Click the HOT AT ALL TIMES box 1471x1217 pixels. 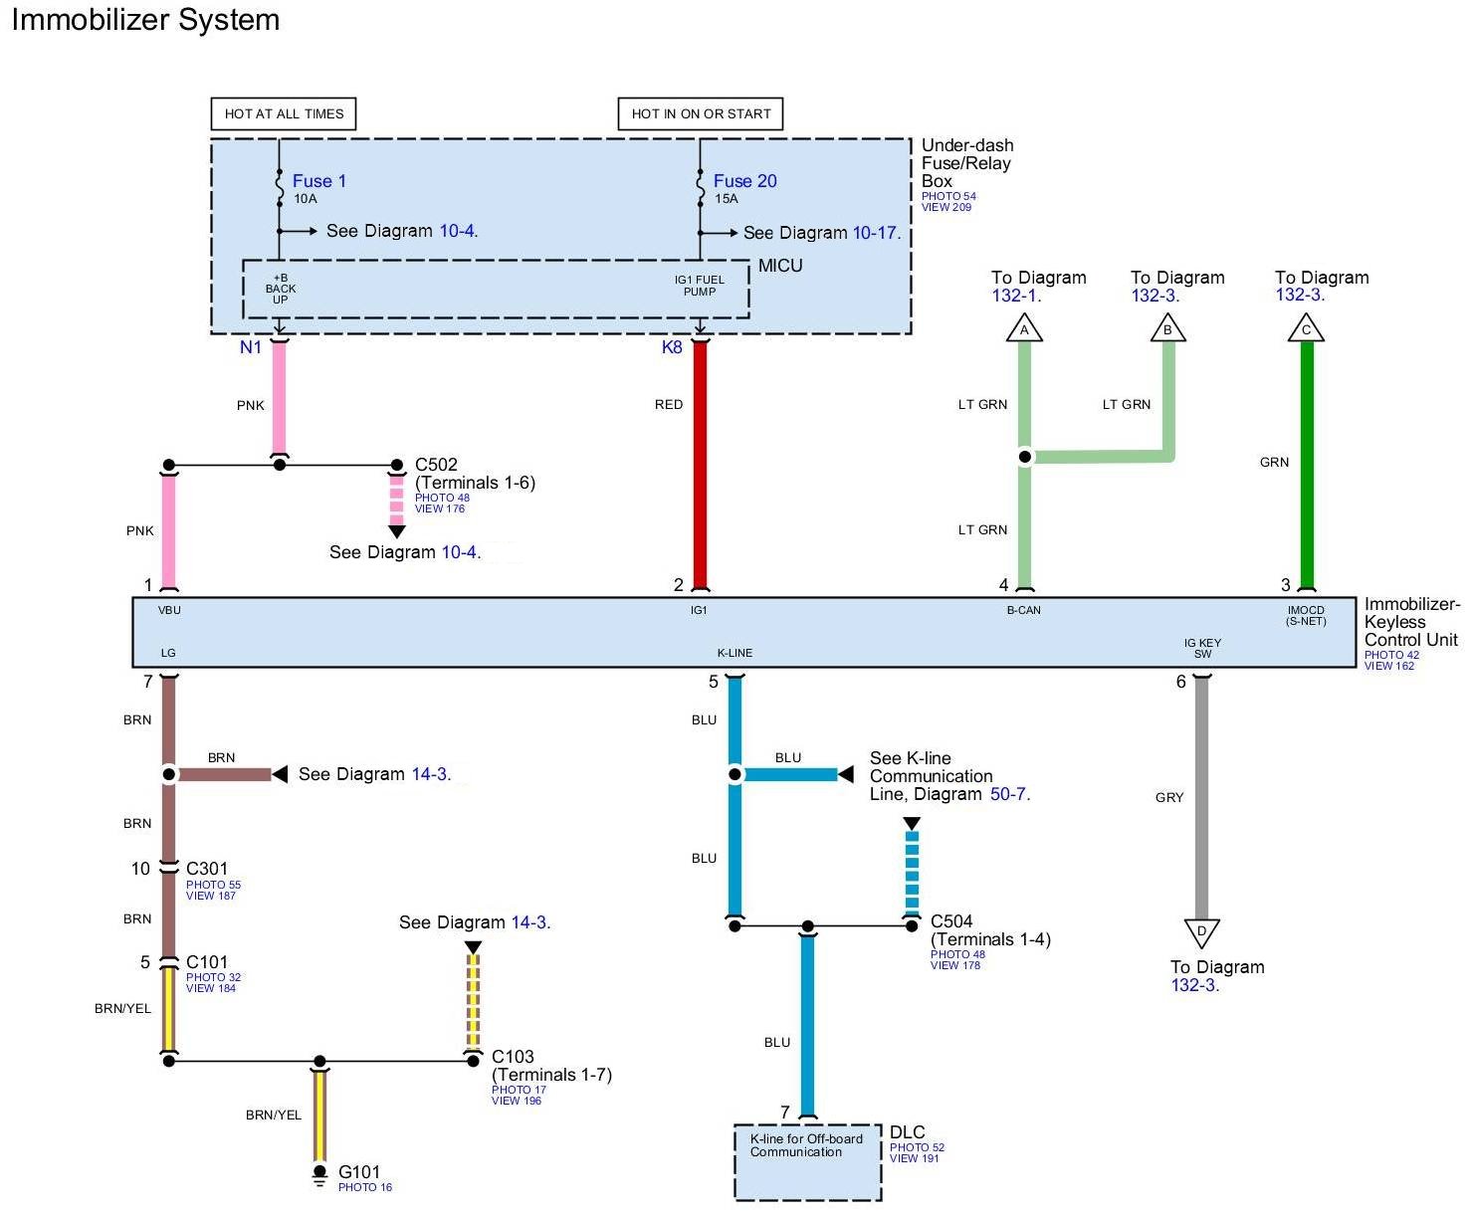284,113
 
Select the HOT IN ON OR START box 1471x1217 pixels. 701,113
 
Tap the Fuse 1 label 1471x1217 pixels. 318,181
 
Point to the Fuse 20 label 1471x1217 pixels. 744,181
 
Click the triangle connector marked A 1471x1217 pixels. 1024,328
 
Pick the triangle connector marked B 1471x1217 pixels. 1168,328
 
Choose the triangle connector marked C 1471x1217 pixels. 1306,328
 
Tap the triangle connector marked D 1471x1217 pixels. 1201,932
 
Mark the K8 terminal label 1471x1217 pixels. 673,347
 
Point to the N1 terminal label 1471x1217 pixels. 251,347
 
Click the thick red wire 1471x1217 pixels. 700,468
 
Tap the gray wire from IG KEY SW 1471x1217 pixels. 1201,796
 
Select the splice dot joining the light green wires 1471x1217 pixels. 1024,457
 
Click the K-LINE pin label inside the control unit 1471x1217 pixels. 735,653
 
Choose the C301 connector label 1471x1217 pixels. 207,869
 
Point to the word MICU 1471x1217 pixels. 780,266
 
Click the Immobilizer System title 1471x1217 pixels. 145,20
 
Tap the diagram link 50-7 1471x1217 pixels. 1009,794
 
